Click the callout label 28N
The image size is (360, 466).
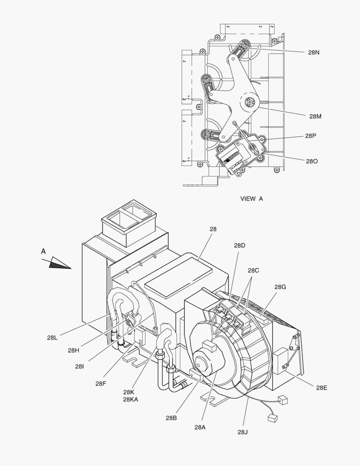[313, 52]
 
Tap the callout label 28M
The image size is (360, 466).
[315, 116]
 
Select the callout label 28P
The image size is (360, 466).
[311, 135]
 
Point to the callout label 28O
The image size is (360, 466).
[312, 161]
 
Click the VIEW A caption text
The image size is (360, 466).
[251, 198]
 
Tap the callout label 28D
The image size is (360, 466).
[240, 246]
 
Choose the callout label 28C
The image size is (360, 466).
[253, 271]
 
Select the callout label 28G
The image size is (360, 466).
[280, 287]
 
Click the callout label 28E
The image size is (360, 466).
[321, 387]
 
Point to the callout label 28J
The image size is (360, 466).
[243, 431]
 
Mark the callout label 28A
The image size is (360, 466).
[200, 427]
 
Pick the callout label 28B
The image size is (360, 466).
[171, 417]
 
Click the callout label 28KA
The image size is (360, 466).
[131, 399]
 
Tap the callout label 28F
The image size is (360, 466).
[101, 384]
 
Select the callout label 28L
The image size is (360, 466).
[52, 337]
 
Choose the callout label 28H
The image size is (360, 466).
[73, 350]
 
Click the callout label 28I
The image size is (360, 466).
[79, 366]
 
